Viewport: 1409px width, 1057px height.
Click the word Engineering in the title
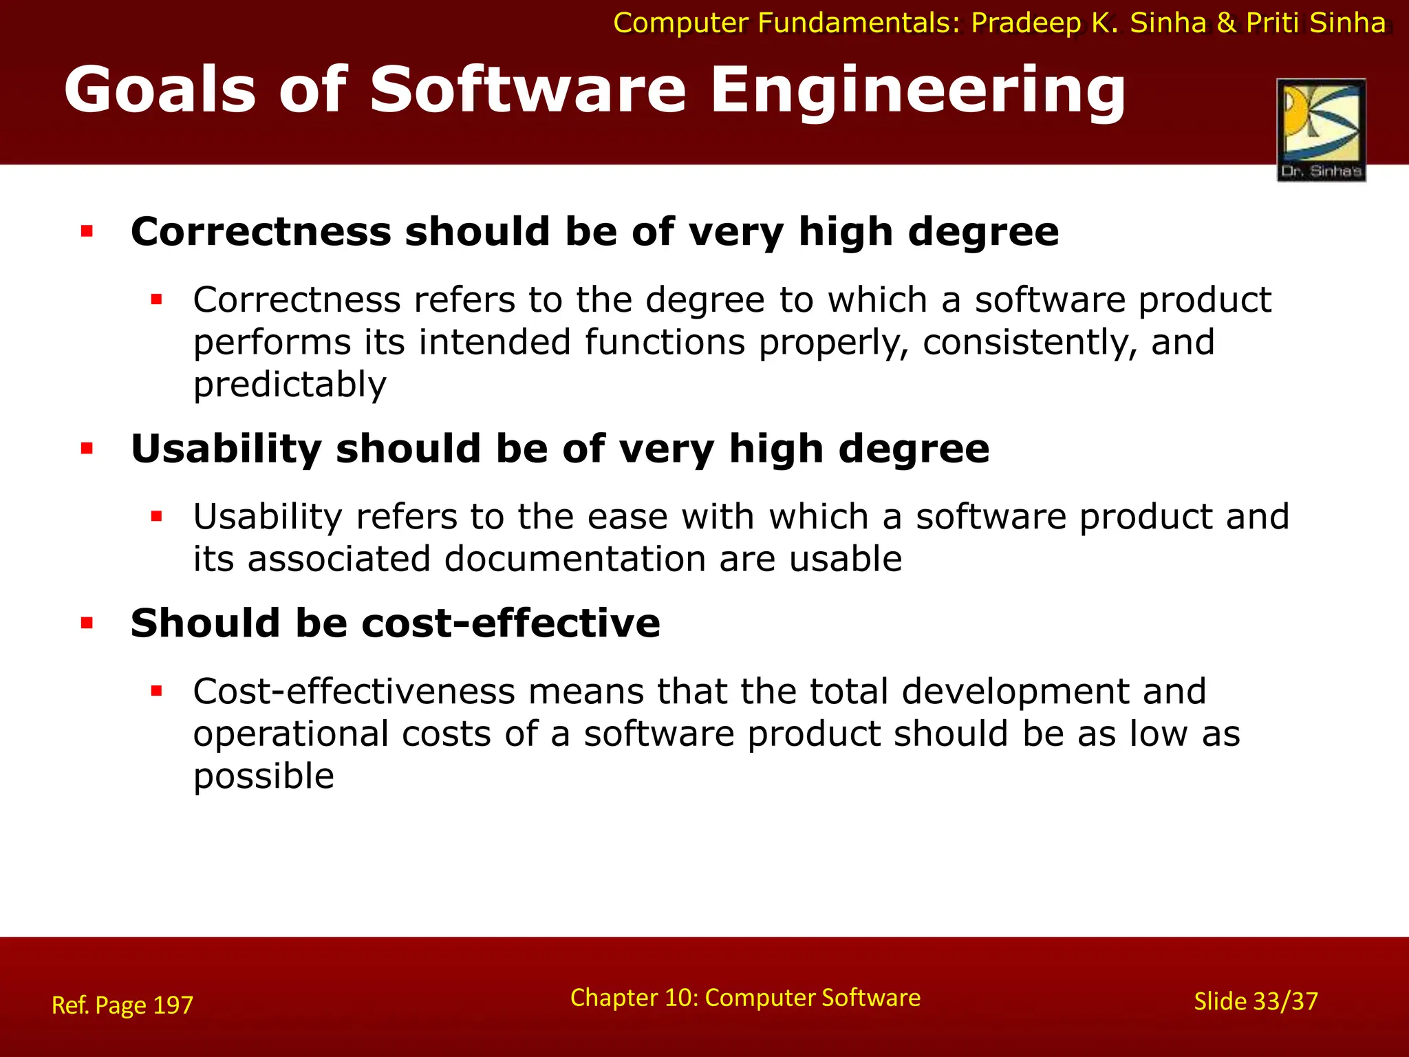click(918, 91)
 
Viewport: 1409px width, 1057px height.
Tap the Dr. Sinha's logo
click(1321, 130)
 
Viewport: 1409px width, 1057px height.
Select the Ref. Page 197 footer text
click(122, 1005)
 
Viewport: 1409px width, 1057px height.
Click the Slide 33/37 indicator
click(1256, 1001)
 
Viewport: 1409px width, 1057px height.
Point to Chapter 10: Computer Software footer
click(745, 998)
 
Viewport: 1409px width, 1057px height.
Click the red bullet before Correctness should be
click(87, 231)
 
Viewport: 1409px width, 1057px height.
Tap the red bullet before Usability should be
click(87, 449)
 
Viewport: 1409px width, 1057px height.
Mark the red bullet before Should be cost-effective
click(87, 623)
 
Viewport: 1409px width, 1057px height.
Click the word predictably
click(290, 385)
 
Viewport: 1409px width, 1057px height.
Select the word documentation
click(575, 559)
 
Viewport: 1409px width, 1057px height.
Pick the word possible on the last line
click(263, 776)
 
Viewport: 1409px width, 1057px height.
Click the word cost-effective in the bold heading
click(510, 623)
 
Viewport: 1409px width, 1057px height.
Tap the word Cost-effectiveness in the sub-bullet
click(354, 692)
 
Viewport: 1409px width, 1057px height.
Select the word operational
click(291, 734)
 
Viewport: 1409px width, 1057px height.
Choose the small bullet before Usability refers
click(156, 516)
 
